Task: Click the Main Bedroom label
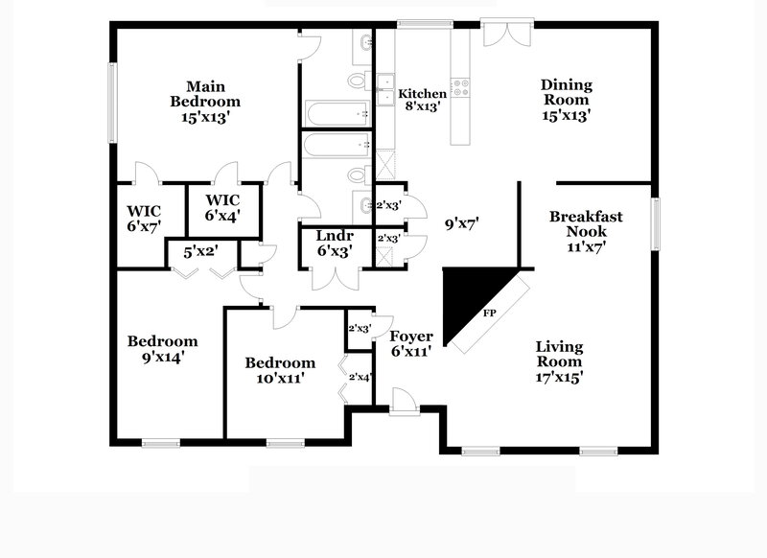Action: pos(205,101)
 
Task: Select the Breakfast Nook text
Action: pos(586,230)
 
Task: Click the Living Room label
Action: pos(559,361)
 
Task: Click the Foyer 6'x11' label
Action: pos(411,344)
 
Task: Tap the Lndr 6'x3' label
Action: pos(335,244)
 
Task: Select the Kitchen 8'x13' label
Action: pos(423,100)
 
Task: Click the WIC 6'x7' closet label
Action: pos(144,218)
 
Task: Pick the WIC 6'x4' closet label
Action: pos(223,208)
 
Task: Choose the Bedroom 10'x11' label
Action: pos(280,370)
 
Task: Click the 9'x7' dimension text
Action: pos(462,223)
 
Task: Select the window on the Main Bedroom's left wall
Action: pos(112,101)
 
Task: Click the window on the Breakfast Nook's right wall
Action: pos(657,223)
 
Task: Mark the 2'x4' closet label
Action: pos(360,377)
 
